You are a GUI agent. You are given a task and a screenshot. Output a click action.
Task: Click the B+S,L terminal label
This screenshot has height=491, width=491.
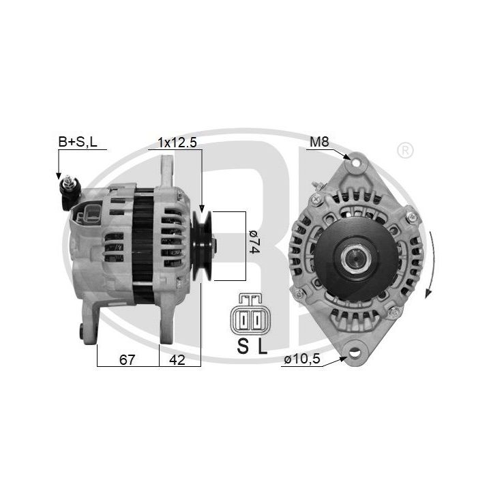coord(78,142)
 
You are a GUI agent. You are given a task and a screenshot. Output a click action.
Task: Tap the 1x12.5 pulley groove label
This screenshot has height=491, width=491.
coord(177,143)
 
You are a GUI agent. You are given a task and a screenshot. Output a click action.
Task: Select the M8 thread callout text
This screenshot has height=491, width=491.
coord(319,142)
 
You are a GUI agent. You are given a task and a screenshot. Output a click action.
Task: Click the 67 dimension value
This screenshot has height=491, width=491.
coord(127,360)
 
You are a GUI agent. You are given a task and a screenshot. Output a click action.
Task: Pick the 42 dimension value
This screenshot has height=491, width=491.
coord(177,360)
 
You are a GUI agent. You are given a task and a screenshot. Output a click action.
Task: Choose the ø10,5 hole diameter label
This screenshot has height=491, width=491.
coord(302,359)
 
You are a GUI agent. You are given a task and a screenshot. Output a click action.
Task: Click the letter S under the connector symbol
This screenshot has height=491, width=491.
coord(243,346)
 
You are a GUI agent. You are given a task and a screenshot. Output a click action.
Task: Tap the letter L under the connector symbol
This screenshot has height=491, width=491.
coord(263,346)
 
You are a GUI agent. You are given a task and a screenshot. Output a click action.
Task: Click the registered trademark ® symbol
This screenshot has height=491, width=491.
coord(405,151)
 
